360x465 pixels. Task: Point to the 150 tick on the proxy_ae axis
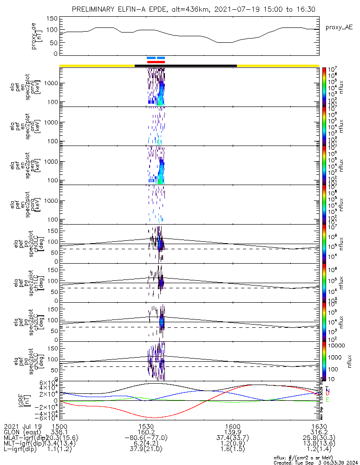(x=52, y=19)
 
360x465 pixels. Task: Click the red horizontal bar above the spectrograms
(x=156, y=61)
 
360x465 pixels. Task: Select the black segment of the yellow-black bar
(x=186, y=66)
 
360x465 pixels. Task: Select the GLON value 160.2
(x=146, y=432)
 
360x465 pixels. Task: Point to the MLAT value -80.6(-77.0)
(x=146, y=438)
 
